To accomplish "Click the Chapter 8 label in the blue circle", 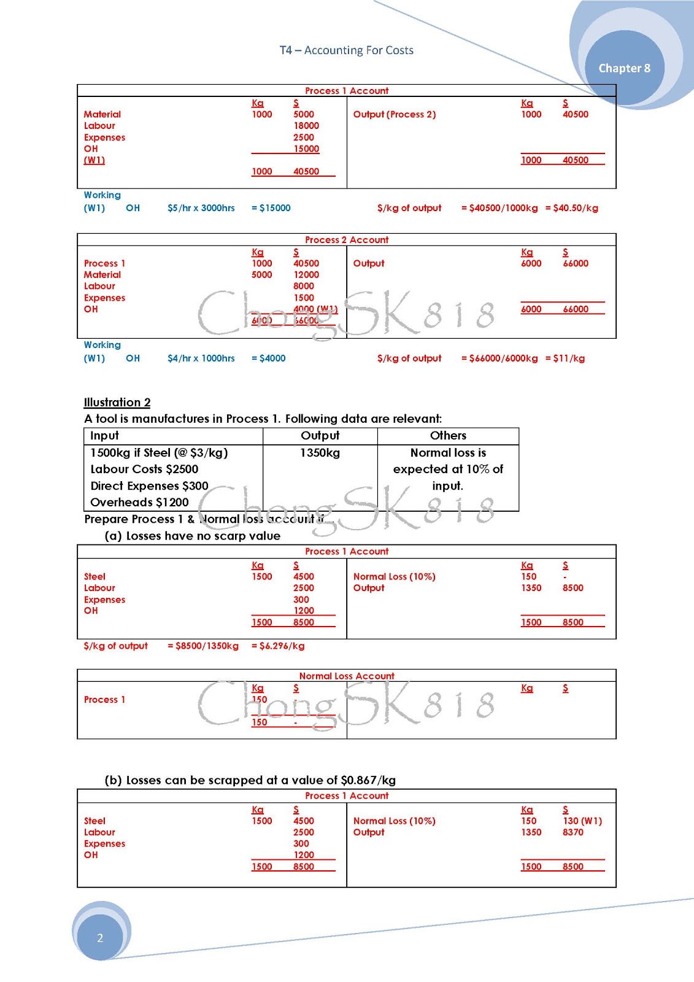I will click(x=624, y=68).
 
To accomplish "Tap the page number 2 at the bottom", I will click(x=100, y=937).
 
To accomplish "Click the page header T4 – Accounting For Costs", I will click(x=346, y=50).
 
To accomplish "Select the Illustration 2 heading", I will click(x=117, y=403).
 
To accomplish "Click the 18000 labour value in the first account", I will click(x=306, y=126).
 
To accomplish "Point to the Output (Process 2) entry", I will click(x=394, y=115).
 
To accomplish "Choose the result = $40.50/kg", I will click(x=571, y=208).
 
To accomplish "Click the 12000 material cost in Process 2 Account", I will click(x=306, y=275).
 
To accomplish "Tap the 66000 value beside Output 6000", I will click(x=576, y=263).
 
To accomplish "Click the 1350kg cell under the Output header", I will click(x=320, y=453).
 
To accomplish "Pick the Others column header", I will click(x=448, y=436).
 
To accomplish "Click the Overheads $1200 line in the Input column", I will click(x=139, y=502).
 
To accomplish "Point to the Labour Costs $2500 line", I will click(x=144, y=470).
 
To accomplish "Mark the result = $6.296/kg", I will click(x=277, y=646).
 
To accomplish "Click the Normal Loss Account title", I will click(x=347, y=676).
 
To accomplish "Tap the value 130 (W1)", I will click(x=582, y=821).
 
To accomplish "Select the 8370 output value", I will click(x=573, y=832).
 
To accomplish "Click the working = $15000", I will click(x=271, y=208).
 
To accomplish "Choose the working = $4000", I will click(x=268, y=358).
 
